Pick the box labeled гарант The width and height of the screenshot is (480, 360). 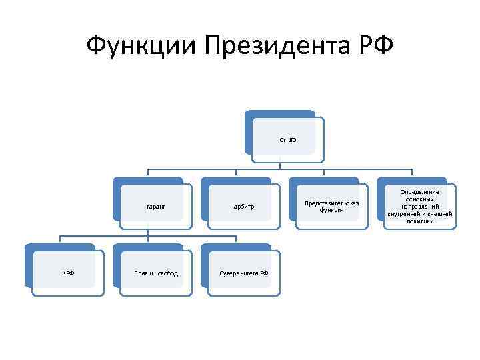[156, 207]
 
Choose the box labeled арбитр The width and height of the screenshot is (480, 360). [244, 207]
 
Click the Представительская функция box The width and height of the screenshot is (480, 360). [332, 206]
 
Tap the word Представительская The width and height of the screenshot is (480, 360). [332, 203]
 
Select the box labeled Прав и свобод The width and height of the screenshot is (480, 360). [156, 273]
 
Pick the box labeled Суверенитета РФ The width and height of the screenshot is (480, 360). [244, 273]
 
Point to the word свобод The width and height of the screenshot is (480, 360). [168, 273]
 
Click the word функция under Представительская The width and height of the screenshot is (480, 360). [332, 210]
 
